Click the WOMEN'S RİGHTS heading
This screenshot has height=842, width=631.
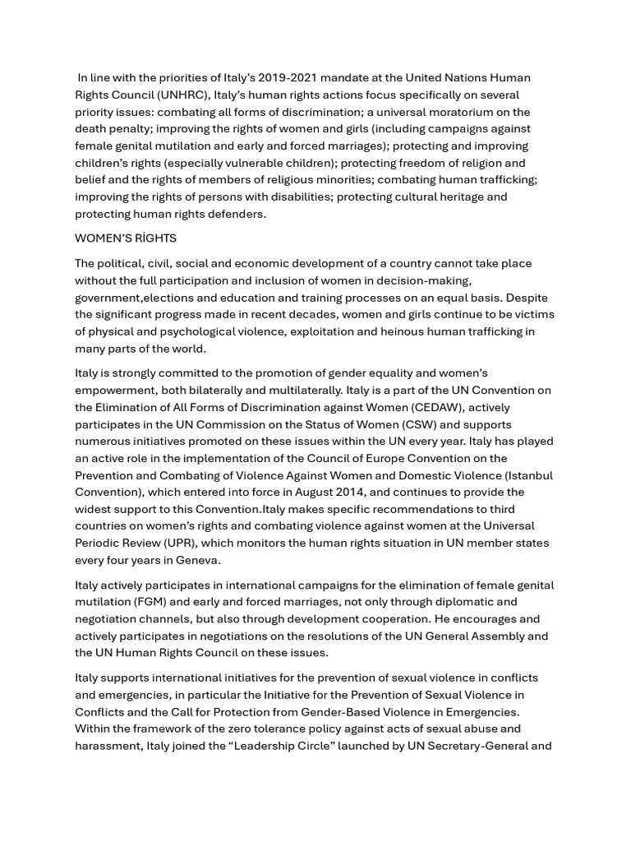tap(126, 238)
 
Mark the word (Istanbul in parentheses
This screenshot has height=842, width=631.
tap(528, 475)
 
